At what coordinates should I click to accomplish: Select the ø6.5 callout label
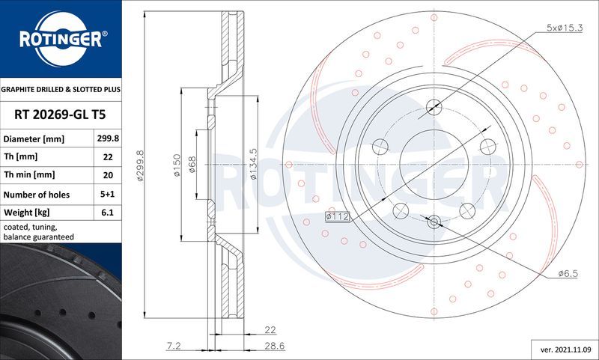[x=567, y=275]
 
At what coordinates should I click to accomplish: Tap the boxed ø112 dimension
[x=338, y=216]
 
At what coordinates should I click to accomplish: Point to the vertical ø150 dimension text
[x=177, y=165]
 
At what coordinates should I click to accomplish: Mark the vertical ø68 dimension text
[x=192, y=165]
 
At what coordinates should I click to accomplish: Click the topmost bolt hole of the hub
[x=434, y=106]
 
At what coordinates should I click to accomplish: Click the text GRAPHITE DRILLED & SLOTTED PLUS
[x=60, y=89]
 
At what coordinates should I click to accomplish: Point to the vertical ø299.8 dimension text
[x=139, y=165]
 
